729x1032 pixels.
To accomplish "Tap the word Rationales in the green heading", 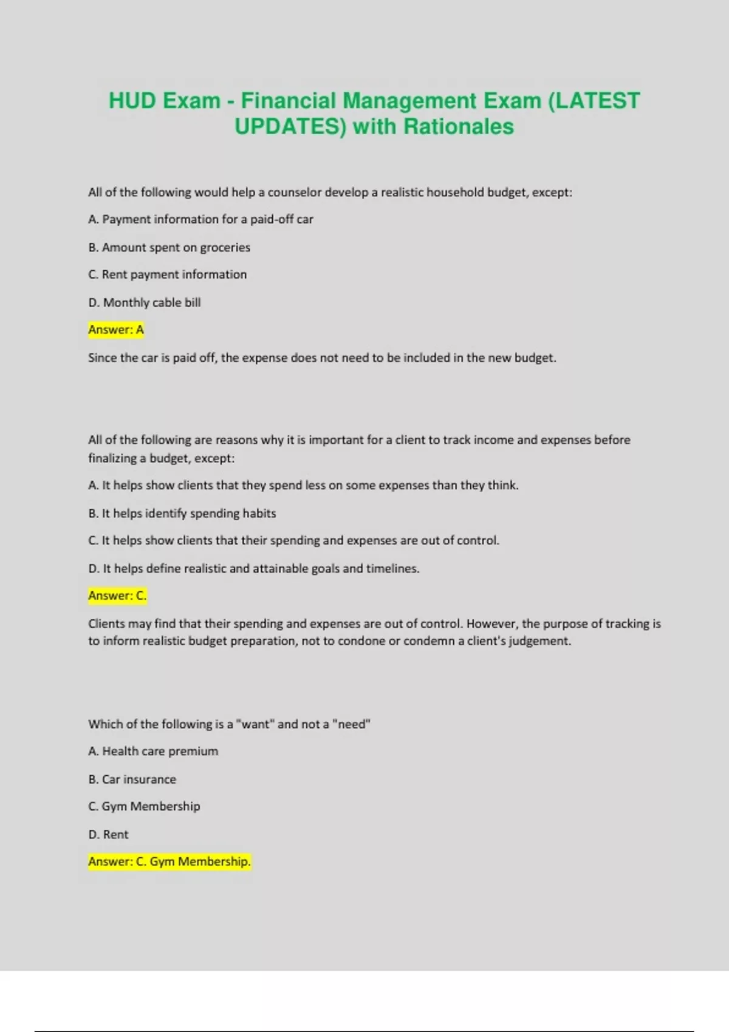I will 459,127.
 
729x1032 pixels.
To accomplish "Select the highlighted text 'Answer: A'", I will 116,330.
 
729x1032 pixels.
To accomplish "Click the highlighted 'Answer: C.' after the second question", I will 117,596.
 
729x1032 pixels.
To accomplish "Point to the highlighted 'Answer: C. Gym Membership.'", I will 169,861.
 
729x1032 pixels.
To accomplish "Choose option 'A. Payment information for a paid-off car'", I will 200,219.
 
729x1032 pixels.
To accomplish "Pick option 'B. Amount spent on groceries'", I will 169,247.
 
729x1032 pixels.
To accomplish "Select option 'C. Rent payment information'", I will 167,274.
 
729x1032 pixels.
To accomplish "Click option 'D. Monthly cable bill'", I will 144,302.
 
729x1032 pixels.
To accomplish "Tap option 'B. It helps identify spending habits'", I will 182,513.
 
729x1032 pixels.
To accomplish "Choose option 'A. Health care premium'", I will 153,751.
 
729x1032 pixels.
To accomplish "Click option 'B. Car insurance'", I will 132,779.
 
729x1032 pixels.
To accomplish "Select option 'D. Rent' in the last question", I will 108,834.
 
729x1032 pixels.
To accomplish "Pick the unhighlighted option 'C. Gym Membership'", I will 144,806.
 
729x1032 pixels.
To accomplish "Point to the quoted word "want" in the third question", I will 255,724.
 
